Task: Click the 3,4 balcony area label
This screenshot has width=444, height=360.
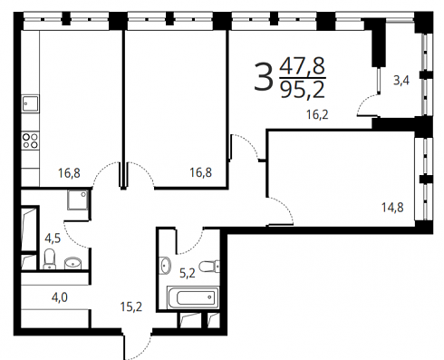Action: point(401,81)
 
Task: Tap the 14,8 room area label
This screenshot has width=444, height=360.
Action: point(392,208)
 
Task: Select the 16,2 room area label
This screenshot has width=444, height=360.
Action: point(317,114)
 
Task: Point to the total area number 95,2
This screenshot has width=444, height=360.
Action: point(303,90)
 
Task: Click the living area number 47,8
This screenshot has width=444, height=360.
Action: point(303,65)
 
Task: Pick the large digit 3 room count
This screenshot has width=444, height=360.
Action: point(263,77)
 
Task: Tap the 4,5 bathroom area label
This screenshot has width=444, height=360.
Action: point(53,238)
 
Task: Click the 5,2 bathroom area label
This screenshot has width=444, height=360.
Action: point(188,274)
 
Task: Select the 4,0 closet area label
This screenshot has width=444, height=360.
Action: point(60,297)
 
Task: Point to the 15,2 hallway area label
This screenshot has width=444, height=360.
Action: point(131,306)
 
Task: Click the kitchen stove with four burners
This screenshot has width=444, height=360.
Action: point(30,141)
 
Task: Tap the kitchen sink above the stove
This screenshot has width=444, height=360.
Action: point(30,102)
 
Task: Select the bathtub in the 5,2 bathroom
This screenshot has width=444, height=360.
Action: point(193,297)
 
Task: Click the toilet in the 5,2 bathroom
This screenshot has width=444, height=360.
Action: point(210,266)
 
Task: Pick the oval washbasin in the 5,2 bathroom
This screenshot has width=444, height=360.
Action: point(165,266)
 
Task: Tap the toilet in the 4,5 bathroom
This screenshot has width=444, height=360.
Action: point(49,259)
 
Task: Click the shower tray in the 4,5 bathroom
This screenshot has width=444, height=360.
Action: point(78,199)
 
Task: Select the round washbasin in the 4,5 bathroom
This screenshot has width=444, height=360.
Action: point(73,263)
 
